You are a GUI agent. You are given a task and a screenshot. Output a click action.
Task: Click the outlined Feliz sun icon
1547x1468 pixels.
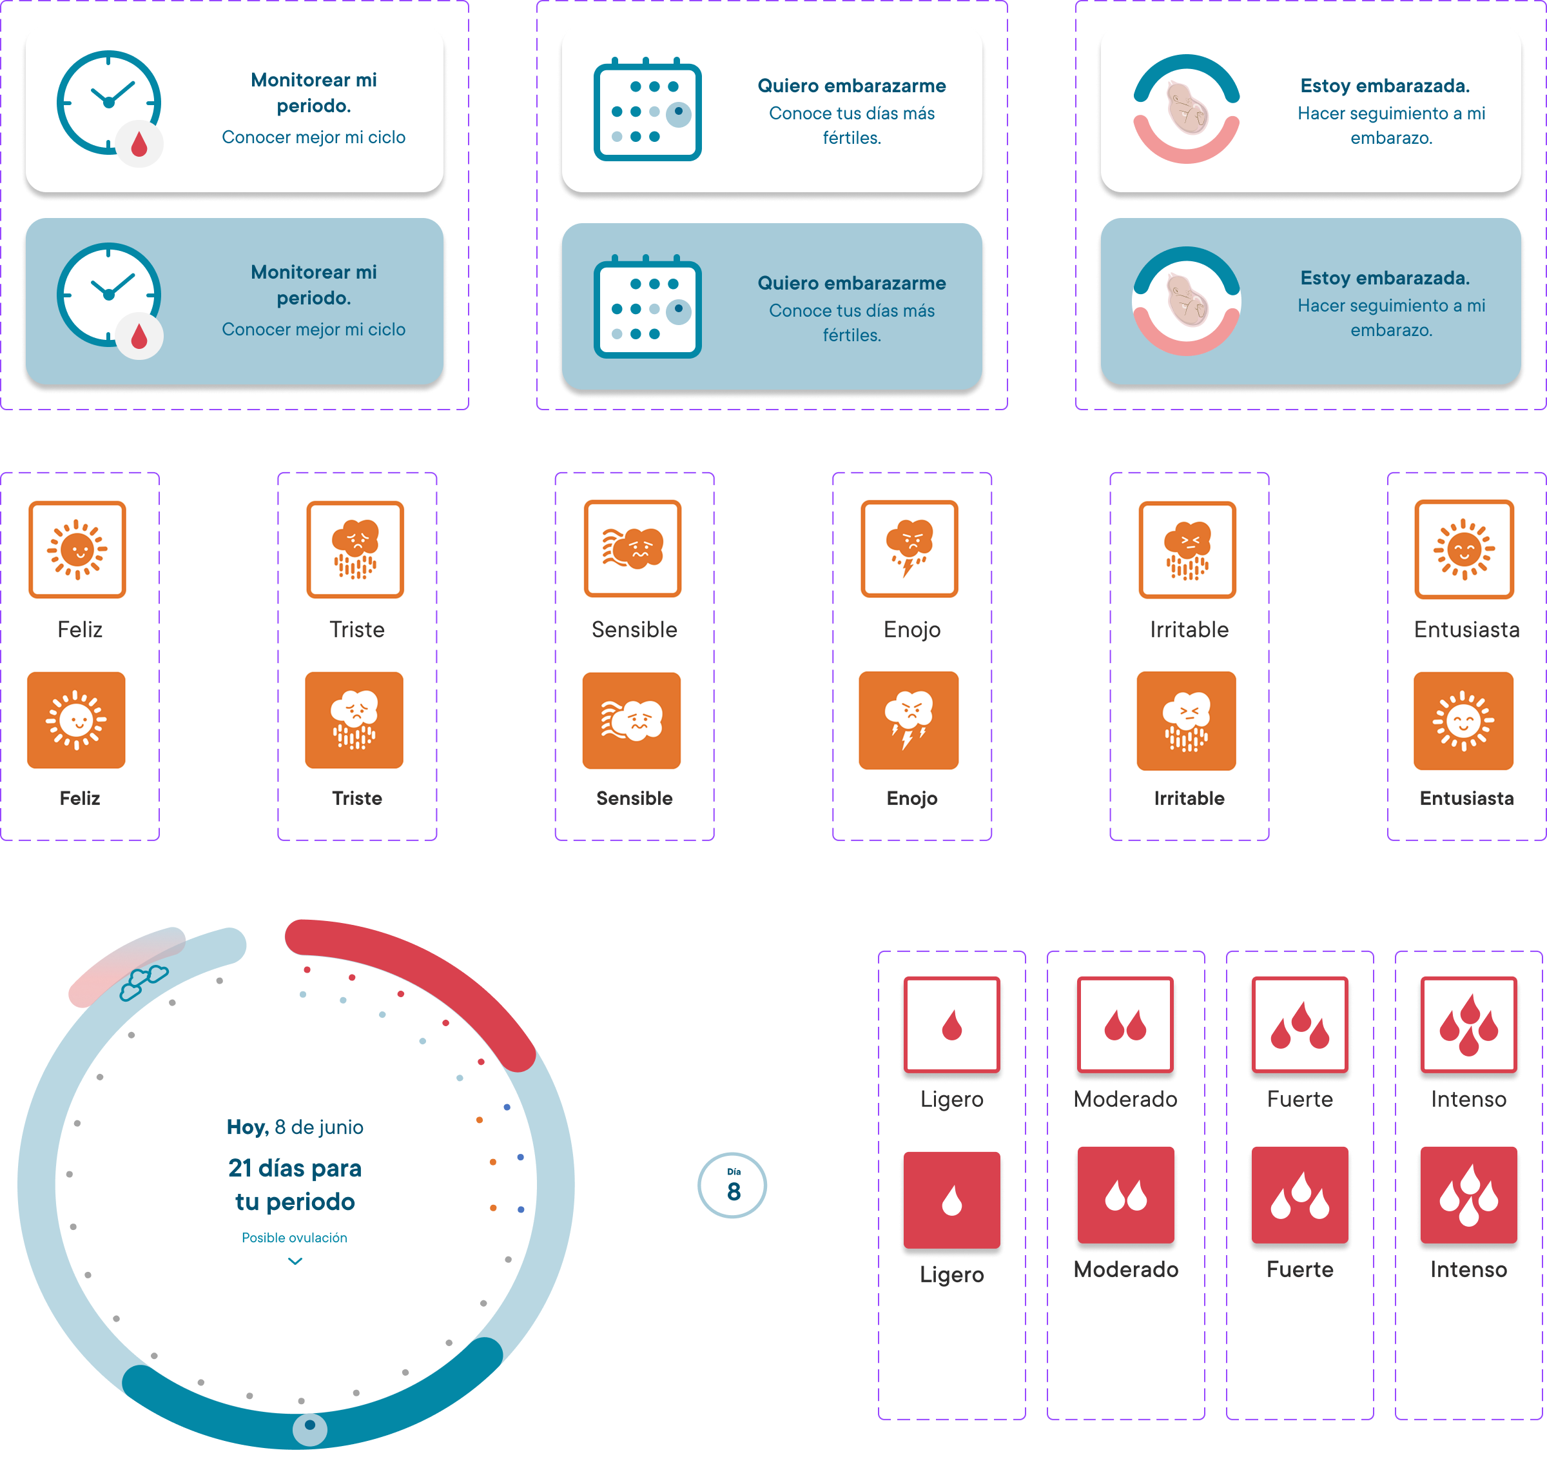[x=77, y=550]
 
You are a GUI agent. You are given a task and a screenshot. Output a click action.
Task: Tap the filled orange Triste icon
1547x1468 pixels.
[x=355, y=720]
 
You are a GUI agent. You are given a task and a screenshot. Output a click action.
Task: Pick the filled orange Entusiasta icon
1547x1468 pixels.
[x=1463, y=720]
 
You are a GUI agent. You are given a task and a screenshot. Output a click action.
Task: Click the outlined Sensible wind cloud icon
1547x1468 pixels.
[x=633, y=548]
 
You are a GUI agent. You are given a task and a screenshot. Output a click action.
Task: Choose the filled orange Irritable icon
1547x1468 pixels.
[x=1187, y=720]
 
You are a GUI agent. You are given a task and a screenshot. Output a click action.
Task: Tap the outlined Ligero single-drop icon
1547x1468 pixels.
[x=952, y=1024]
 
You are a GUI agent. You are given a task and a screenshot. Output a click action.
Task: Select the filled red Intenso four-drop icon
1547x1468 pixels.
[x=1469, y=1195]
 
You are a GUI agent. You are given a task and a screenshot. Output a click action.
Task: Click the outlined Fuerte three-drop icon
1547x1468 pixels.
[x=1300, y=1024]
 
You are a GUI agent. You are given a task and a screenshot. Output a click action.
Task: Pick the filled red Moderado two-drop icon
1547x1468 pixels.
[x=1125, y=1195]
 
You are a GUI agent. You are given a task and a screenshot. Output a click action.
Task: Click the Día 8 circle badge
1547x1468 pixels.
[x=732, y=1185]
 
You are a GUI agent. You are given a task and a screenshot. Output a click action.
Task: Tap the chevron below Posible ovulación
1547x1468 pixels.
[x=295, y=1260]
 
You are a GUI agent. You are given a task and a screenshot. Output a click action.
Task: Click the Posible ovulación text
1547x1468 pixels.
[x=294, y=1237]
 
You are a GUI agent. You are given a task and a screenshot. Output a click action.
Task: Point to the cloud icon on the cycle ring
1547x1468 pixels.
[x=144, y=982]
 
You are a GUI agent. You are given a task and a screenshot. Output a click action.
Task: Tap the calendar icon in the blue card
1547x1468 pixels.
[x=648, y=307]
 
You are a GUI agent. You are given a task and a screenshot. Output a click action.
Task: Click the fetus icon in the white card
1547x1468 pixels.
[x=1187, y=109]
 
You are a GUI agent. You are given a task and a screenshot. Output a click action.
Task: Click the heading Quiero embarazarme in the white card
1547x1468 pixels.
[x=851, y=85]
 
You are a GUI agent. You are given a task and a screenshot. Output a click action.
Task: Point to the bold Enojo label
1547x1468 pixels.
[x=912, y=798]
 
